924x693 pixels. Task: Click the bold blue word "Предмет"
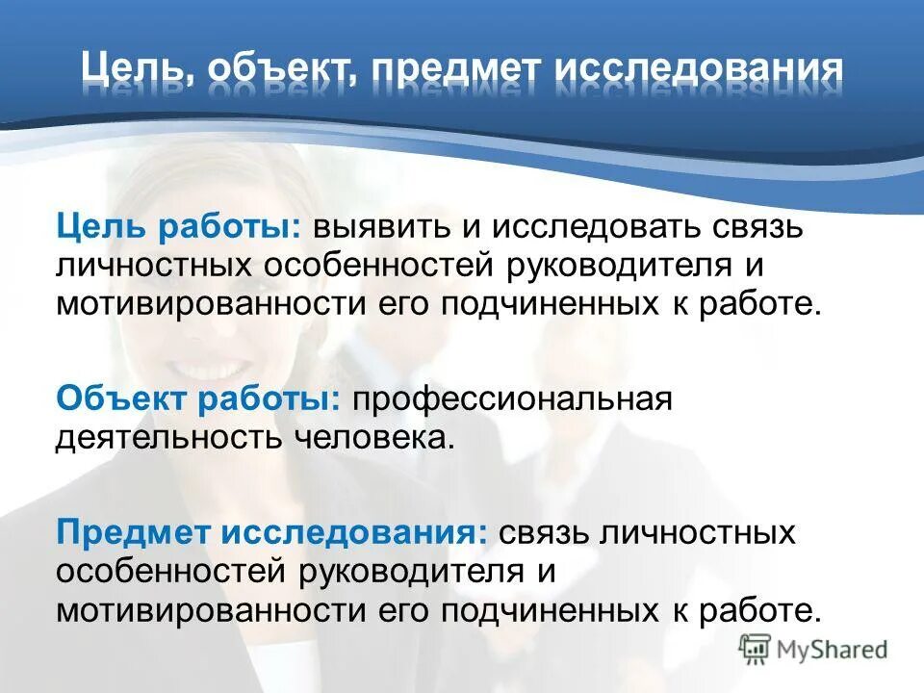point(130,531)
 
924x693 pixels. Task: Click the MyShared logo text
point(833,650)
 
